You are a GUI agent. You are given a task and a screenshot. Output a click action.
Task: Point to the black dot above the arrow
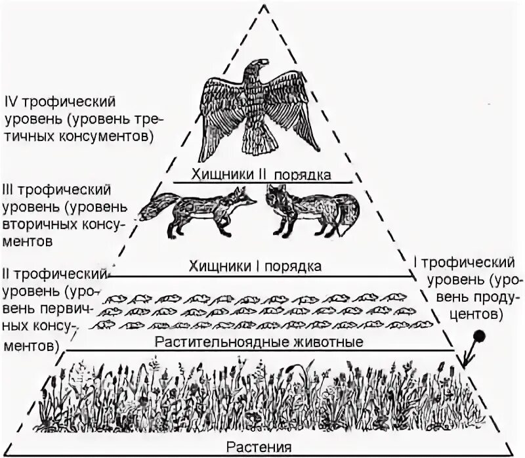coord(480,336)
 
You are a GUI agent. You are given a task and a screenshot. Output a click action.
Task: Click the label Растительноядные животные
coord(259,342)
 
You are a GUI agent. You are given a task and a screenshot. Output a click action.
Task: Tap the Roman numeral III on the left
coord(12,190)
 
